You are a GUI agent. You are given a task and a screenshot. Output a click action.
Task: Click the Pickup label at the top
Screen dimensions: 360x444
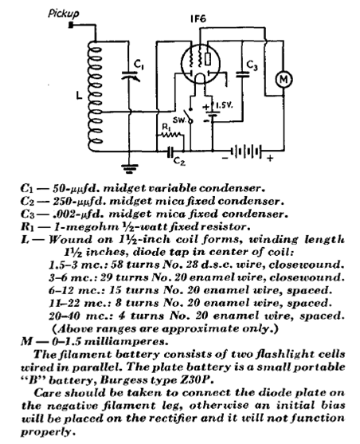tap(64, 14)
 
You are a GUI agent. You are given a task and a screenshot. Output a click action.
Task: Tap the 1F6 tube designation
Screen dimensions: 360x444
tap(198, 19)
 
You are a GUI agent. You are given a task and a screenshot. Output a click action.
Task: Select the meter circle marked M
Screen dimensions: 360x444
tap(284, 79)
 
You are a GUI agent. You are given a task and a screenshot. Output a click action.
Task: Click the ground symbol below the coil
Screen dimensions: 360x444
tap(130, 168)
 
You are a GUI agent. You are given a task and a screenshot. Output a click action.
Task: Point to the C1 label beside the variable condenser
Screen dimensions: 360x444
tap(139, 65)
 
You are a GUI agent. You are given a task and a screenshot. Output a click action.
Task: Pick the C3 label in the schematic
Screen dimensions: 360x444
tap(252, 65)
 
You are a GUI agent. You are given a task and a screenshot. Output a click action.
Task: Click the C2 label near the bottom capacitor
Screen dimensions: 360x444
tap(179, 161)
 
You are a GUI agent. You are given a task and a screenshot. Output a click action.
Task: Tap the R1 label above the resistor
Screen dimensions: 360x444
tap(166, 128)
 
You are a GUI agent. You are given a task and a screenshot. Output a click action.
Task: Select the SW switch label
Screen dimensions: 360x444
tap(179, 120)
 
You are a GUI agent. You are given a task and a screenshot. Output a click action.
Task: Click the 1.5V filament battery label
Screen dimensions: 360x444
tap(224, 105)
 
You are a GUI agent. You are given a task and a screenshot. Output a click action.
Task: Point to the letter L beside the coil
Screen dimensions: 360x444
tap(79, 96)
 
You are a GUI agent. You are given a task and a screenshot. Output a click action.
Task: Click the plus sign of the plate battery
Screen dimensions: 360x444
tap(270, 158)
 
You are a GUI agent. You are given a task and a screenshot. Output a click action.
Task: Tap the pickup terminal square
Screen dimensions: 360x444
tap(71, 26)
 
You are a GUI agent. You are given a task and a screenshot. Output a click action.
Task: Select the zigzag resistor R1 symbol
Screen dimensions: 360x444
tap(170, 135)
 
